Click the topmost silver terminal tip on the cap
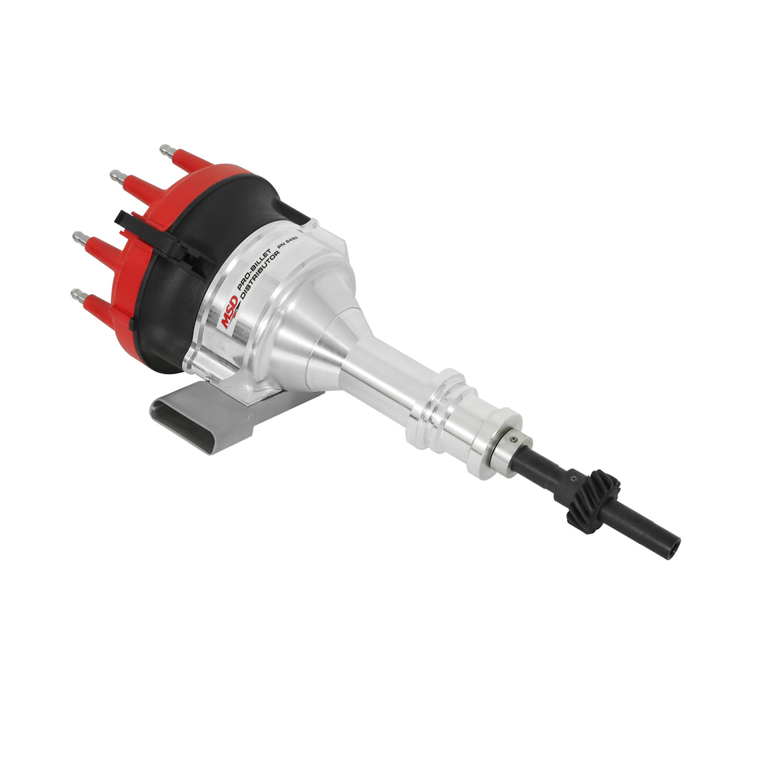coord(166,150)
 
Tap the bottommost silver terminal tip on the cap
coord(77,293)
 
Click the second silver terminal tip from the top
coord(115,174)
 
